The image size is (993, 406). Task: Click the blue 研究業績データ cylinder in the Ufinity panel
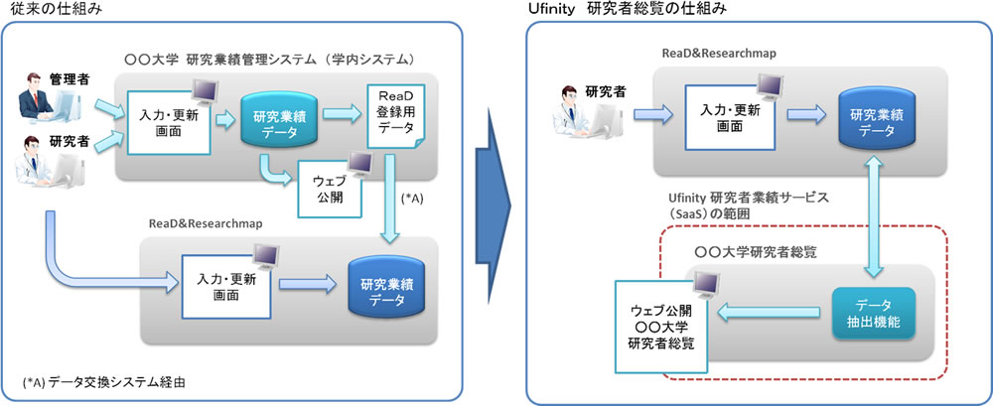pyautogui.click(x=875, y=118)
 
